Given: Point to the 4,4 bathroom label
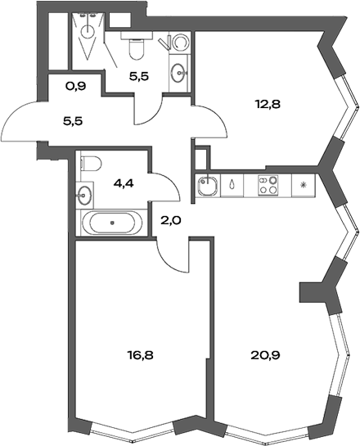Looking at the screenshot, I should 123,183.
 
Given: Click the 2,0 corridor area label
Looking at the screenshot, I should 169,219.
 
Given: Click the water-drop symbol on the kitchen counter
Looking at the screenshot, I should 234,185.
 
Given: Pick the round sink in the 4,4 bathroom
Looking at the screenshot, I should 86,196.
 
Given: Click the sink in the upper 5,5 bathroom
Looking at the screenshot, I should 178,72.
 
